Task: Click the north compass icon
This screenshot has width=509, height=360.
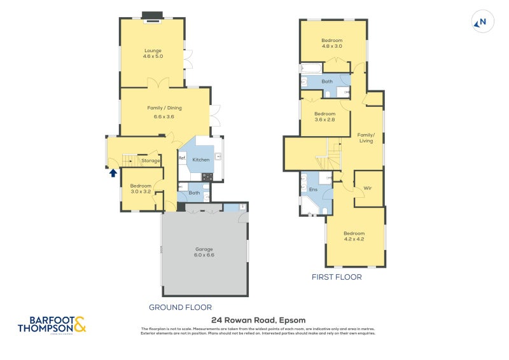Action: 481,23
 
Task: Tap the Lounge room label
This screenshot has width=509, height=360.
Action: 153,53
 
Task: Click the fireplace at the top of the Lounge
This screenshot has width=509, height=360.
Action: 153,17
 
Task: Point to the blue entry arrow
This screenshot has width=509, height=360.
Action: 113,172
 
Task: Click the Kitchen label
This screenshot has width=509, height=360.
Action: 201,160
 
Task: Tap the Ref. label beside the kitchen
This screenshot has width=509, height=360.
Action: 182,158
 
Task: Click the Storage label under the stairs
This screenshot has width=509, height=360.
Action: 151,161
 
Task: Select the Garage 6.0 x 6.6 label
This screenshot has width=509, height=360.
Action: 204,252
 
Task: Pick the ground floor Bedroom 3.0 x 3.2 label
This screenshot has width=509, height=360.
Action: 141,188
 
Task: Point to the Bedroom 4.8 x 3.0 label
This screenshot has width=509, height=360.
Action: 331,43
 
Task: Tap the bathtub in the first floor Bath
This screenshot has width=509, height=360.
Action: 311,68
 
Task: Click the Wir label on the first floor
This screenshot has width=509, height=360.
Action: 368,188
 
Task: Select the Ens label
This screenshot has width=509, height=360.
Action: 313,190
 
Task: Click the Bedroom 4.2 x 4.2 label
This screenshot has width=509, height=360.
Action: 354,236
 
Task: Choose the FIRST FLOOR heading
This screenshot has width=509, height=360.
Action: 337,277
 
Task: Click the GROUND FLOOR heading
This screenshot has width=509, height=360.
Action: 180,307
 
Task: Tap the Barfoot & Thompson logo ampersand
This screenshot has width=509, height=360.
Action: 80,326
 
